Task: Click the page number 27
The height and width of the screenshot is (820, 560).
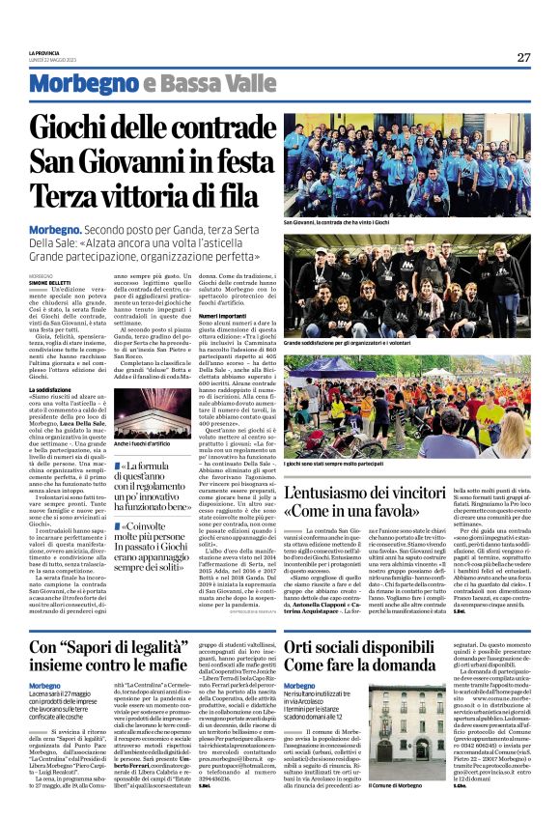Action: click(523, 57)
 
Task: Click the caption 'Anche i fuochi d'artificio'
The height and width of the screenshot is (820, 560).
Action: click(143, 443)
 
